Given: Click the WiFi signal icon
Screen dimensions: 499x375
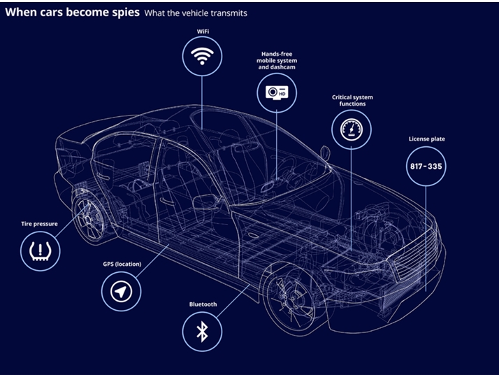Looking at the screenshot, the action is [x=202, y=56].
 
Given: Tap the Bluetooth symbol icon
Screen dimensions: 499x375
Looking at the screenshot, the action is [x=202, y=332].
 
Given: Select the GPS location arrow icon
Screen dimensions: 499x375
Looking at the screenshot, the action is [x=121, y=291].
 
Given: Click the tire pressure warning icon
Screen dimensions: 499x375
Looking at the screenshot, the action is [x=40, y=251].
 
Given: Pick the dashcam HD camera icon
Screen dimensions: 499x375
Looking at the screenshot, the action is [x=277, y=93].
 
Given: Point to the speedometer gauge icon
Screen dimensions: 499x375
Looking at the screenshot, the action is [x=352, y=129].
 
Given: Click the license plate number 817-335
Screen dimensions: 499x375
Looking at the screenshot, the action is [x=426, y=167].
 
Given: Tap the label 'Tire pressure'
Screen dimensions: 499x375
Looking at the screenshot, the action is [x=39, y=224].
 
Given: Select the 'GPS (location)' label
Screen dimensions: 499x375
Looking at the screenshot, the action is [x=122, y=264].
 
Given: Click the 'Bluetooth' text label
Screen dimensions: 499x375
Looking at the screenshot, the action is [x=203, y=304].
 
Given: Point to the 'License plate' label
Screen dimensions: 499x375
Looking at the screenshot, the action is [x=427, y=139].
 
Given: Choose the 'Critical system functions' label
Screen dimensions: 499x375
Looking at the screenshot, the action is [x=352, y=100].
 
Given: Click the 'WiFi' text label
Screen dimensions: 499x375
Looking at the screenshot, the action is [x=203, y=31].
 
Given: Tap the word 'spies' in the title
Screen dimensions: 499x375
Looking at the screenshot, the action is [x=125, y=13].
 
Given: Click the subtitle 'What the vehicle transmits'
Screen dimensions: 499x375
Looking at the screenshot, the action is [x=196, y=13].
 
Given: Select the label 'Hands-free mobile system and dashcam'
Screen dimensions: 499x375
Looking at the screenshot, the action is [x=277, y=61].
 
